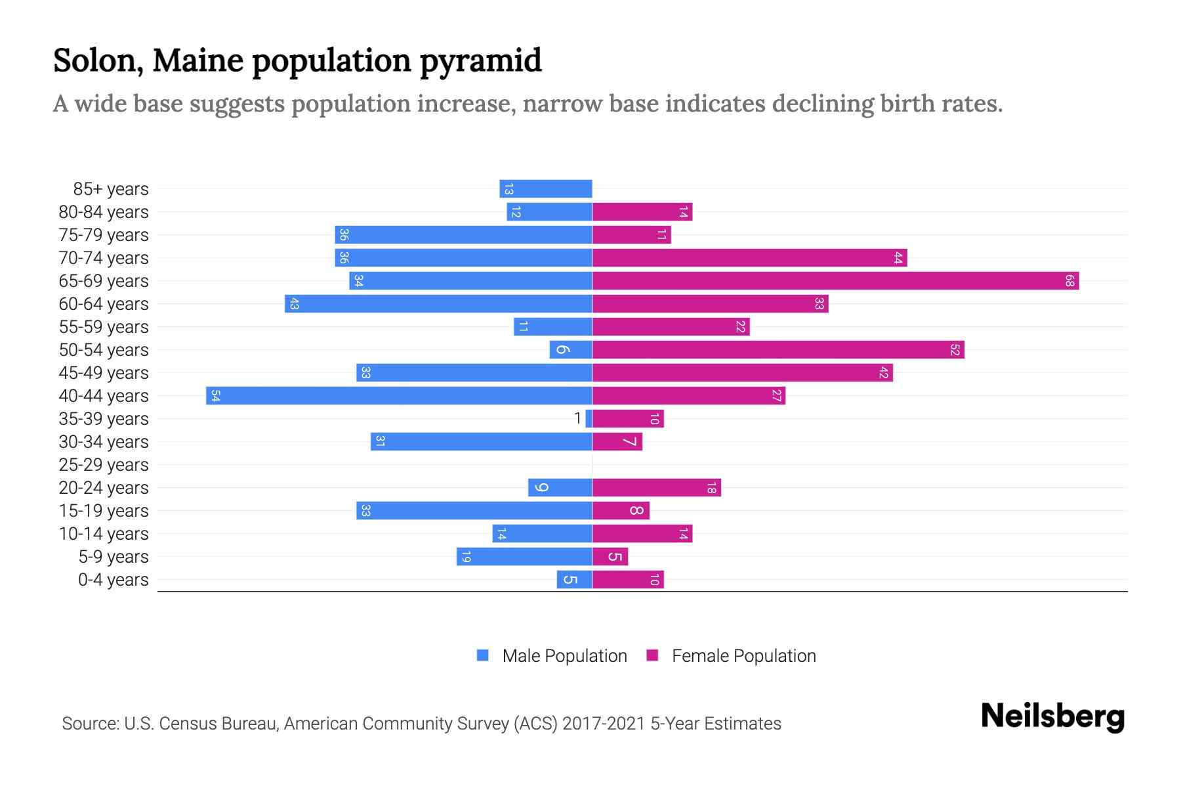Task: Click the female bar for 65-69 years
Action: point(835,281)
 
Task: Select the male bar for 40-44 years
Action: point(399,396)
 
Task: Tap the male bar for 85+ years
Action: point(546,189)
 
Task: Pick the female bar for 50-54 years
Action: point(778,350)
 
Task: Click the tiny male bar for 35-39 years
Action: point(589,419)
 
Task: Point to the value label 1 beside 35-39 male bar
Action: point(577,418)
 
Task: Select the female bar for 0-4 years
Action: point(628,580)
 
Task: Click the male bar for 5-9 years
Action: point(524,557)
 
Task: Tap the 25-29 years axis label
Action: point(104,465)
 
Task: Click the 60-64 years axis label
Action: point(104,304)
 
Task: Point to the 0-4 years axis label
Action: point(113,580)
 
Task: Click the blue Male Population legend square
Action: point(483,655)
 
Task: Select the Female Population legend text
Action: point(743,656)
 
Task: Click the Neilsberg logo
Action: point(1052,716)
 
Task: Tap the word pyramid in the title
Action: point(480,61)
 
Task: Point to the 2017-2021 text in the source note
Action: point(604,724)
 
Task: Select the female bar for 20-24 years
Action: point(656,488)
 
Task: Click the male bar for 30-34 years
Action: point(481,442)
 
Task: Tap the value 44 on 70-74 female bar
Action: point(898,258)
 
